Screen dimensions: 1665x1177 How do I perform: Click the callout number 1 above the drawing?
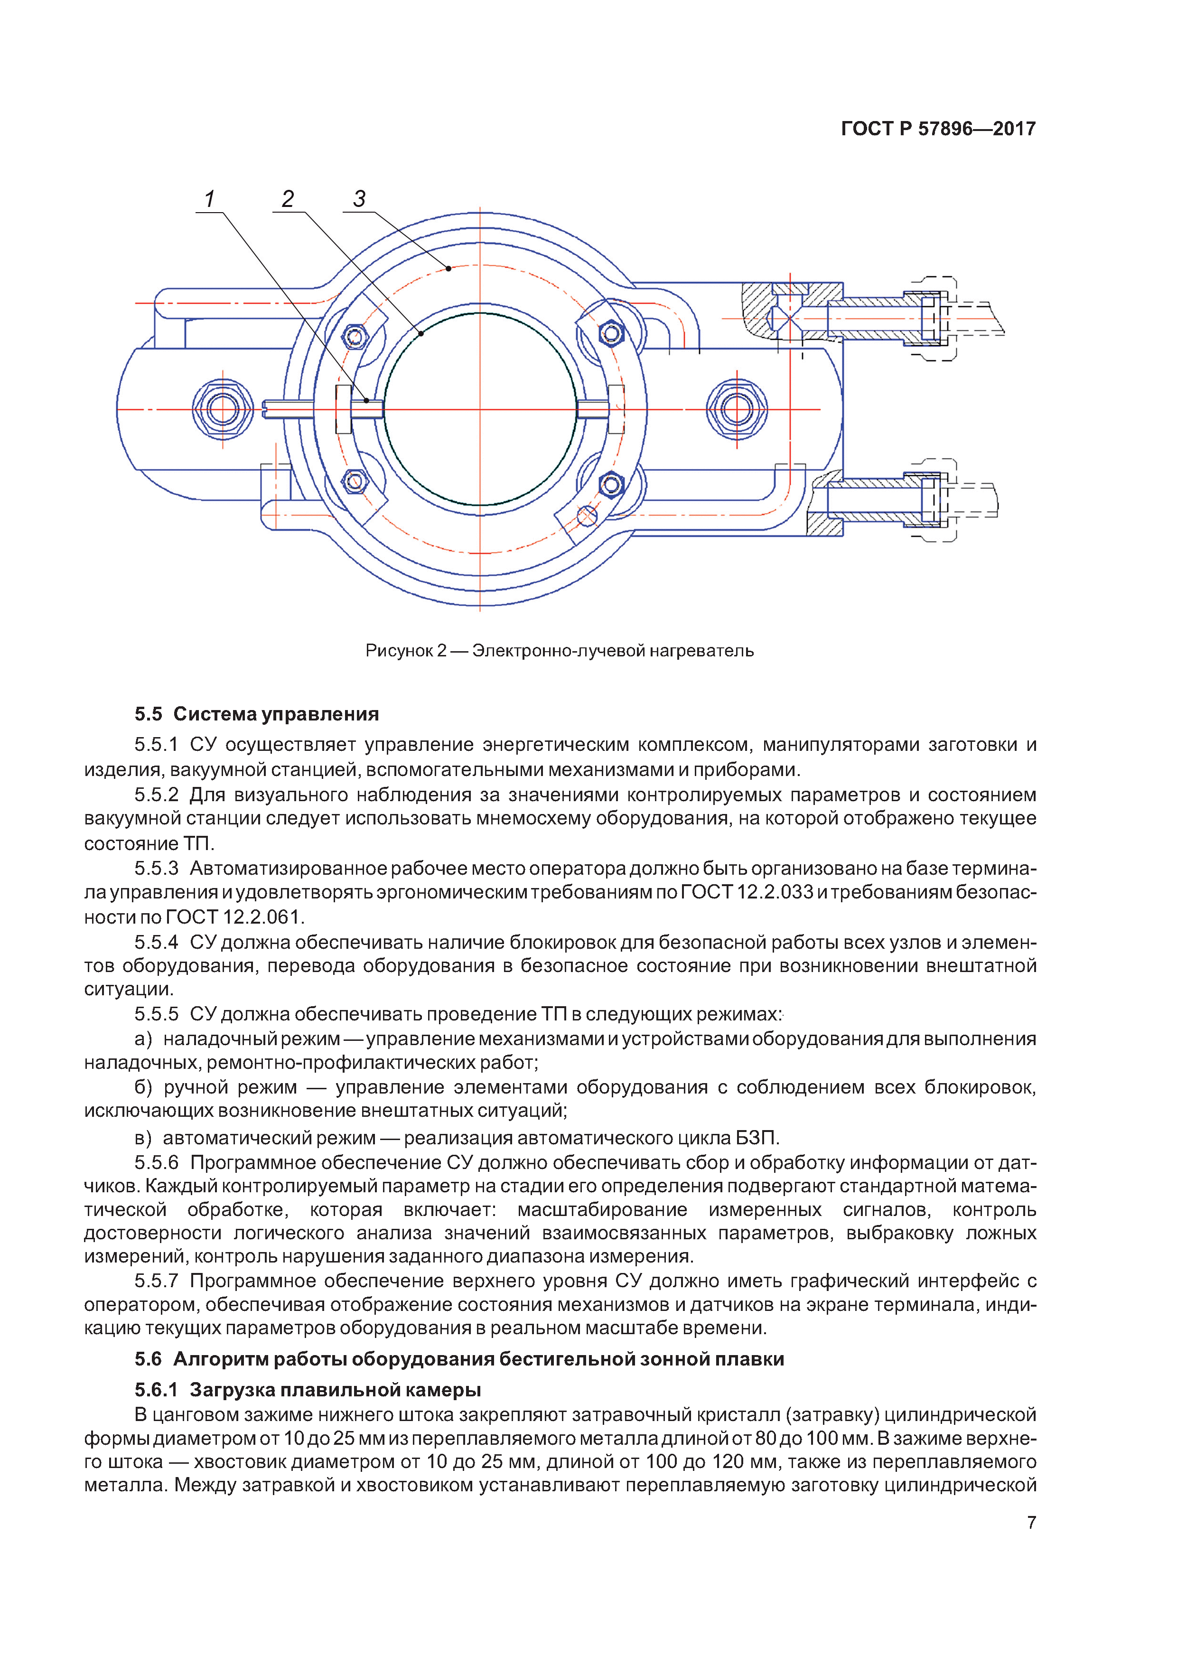pyautogui.click(x=210, y=199)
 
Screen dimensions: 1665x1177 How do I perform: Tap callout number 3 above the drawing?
pyautogui.click(x=359, y=199)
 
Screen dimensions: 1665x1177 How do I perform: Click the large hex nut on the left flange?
pyautogui.click(x=223, y=409)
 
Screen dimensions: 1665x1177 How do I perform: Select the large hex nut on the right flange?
pyautogui.click(x=736, y=409)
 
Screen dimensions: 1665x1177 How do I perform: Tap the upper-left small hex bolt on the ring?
pyautogui.click(x=355, y=337)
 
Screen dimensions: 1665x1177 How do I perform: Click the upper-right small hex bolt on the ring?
pyautogui.click(x=611, y=334)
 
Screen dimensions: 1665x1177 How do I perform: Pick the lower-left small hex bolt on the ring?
pyautogui.click(x=355, y=480)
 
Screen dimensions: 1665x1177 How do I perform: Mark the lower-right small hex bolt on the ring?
pyautogui.click(x=611, y=484)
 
